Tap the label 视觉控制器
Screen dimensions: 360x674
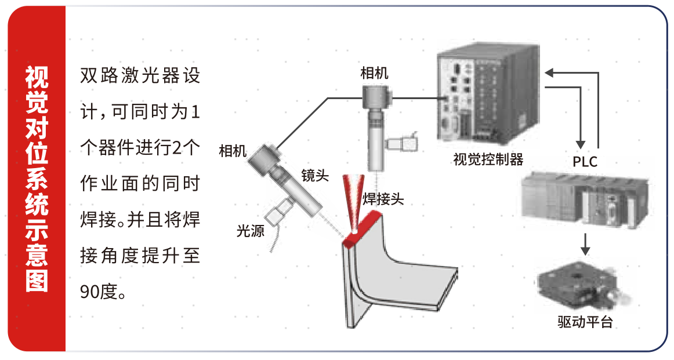[x=488, y=159]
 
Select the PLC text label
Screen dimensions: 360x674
[x=585, y=162]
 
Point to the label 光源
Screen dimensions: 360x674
[x=251, y=231]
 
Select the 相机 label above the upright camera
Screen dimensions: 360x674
[x=374, y=73]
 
